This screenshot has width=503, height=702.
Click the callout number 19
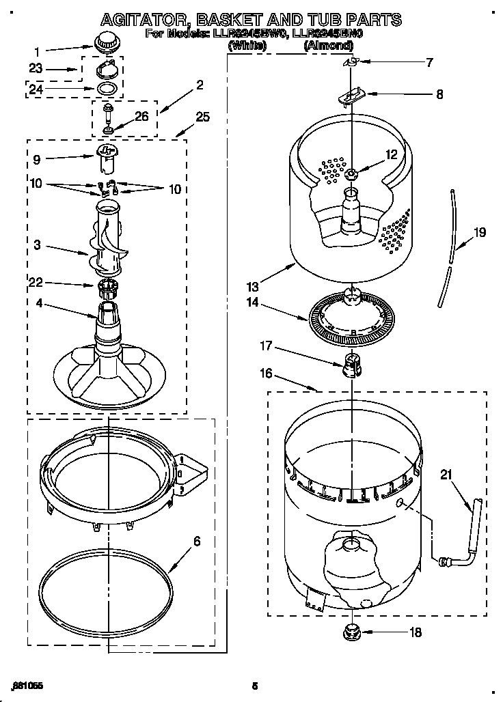point(480,233)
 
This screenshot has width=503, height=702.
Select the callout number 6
point(197,541)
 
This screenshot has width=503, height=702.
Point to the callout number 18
point(415,632)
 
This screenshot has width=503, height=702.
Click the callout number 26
point(141,116)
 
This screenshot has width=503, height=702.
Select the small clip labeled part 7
point(351,62)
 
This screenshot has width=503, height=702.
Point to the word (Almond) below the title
point(328,46)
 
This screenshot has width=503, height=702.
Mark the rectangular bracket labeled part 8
point(351,96)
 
